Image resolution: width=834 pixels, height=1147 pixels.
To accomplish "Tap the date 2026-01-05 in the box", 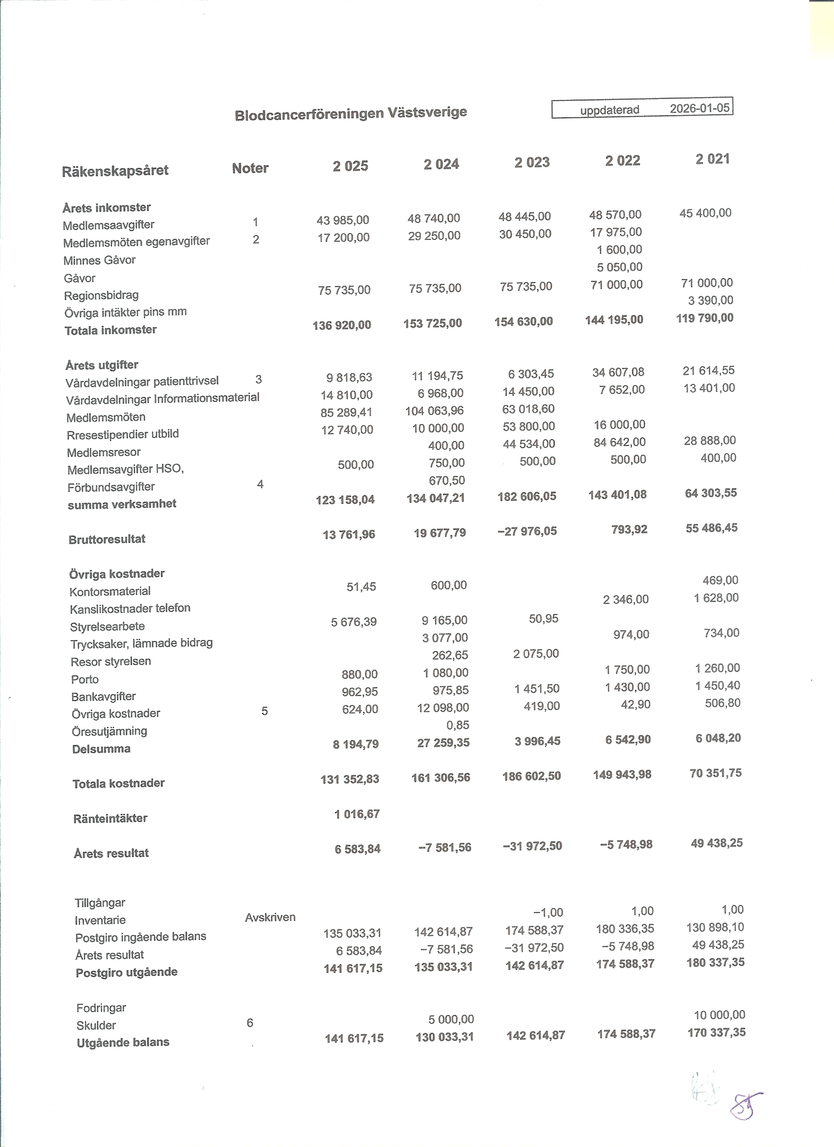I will [x=700, y=108].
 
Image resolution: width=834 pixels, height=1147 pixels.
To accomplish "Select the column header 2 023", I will [x=532, y=162].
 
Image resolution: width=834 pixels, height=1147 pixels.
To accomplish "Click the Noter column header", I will [x=250, y=168].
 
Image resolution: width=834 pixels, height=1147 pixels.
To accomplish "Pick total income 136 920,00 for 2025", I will [x=341, y=325].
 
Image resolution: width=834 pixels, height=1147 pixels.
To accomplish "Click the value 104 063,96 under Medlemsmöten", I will [x=434, y=411].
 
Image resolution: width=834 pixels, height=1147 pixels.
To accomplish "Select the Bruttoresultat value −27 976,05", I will [x=527, y=531].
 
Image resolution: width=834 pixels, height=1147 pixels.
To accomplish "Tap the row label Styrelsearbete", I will [x=107, y=626].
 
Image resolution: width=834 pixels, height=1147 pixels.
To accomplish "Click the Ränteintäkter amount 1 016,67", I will [x=357, y=814].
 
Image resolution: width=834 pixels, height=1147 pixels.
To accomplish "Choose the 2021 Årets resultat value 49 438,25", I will [x=717, y=843].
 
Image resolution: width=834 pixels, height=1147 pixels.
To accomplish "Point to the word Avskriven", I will [x=270, y=917].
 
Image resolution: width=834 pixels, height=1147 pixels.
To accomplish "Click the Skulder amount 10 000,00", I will [x=719, y=1015].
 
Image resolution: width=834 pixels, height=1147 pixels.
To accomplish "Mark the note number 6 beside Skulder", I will [x=250, y=1023].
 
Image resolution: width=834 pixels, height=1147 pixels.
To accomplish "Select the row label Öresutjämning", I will [x=109, y=731].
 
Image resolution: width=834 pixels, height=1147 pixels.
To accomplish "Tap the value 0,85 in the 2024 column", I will [x=457, y=725].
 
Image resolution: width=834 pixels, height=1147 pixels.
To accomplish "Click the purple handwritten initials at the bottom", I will [x=745, y=1107].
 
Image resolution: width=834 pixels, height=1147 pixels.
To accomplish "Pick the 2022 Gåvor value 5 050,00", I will [x=619, y=267].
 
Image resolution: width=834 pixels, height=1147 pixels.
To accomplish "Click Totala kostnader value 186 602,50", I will [x=531, y=776].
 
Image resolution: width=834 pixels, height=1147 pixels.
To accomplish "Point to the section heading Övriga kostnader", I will [x=117, y=574].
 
